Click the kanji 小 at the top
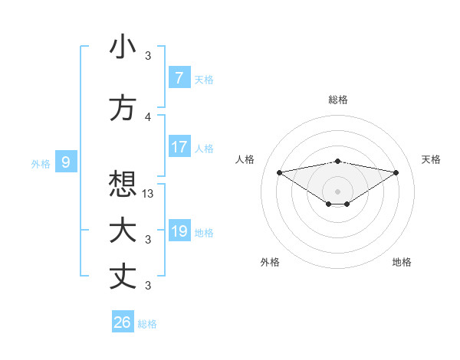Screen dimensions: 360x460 click(x=123, y=47)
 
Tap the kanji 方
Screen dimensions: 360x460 click(x=123, y=108)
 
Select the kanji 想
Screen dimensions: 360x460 click(x=123, y=185)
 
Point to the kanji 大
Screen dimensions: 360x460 click(x=123, y=231)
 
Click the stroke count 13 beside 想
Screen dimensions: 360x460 click(x=149, y=194)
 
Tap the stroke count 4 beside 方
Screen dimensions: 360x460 click(x=148, y=117)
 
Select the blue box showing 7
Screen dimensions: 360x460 click(x=179, y=77)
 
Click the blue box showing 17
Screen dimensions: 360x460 click(x=179, y=147)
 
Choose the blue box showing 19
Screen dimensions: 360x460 click(x=179, y=231)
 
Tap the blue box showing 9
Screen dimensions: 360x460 click(x=66, y=162)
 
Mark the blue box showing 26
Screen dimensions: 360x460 click(x=122, y=322)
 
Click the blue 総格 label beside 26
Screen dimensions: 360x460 click(x=148, y=324)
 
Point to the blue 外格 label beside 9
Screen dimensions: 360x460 click(x=41, y=162)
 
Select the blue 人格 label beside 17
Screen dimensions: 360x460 click(x=204, y=148)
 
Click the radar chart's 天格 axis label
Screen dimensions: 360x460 click(x=432, y=159)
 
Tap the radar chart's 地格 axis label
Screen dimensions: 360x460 click(x=402, y=262)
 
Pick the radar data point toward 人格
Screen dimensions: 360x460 click(x=279, y=172)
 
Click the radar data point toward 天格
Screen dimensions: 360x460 click(x=396, y=172)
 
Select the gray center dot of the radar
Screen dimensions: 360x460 click(x=337, y=190)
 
